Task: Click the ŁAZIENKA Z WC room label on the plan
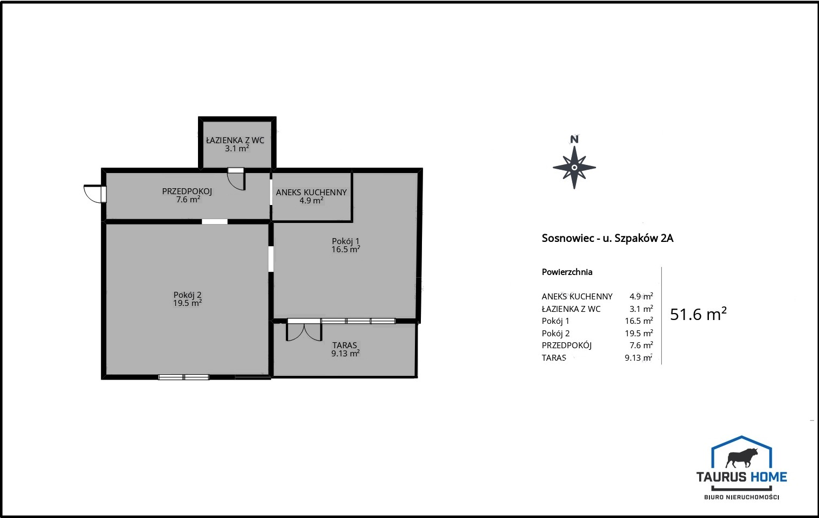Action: coord(235,140)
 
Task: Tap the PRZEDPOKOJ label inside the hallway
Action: coord(187,191)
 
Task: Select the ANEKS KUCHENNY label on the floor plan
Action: coord(311,193)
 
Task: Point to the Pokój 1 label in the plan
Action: coord(345,241)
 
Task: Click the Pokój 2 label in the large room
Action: coord(188,295)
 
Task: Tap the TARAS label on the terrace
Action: coord(345,345)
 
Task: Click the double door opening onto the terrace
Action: coord(304,330)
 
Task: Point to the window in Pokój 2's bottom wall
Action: coord(184,378)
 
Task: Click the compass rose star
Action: coord(574,168)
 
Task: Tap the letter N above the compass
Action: coord(574,139)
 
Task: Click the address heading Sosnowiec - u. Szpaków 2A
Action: coord(607,238)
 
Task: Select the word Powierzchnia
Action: coord(567,272)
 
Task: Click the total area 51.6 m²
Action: coord(698,314)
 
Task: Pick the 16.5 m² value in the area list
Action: coord(639,321)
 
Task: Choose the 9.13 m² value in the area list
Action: coord(638,357)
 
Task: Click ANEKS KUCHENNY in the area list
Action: coord(577,297)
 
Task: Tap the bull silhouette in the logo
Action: coord(741,458)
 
